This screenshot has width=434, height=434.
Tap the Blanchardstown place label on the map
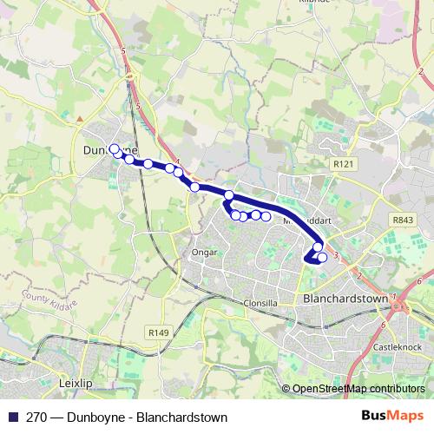click(x=345, y=298)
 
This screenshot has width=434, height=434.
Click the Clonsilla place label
click(x=260, y=303)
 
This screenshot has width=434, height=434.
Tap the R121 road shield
click(x=345, y=162)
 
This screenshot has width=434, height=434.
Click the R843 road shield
click(x=402, y=220)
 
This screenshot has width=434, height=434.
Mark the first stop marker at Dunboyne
click(x=114, y=148)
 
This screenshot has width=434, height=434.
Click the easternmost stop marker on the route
click(x=323, y=257)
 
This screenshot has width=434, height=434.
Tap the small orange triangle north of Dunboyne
click(x=79, y=119)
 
